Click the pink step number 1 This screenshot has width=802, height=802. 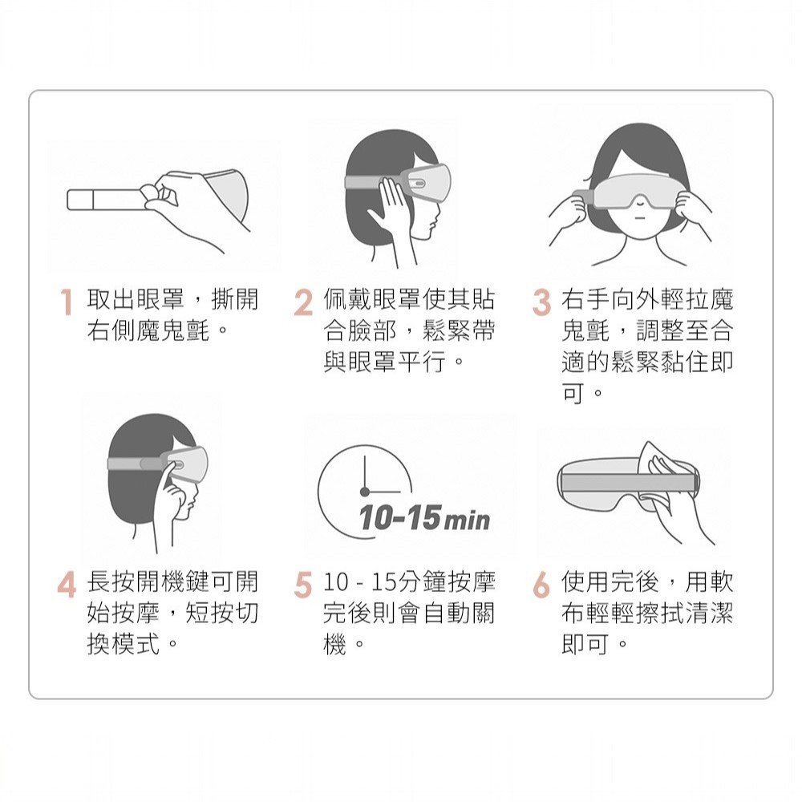pos(67,302)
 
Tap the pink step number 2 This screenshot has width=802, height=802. pos(303,302)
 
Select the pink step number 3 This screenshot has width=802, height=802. pos(541,302)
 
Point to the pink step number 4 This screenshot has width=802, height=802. pos(67,585)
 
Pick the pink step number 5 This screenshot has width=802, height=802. pos(303,585)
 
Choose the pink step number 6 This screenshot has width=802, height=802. pos(541,585)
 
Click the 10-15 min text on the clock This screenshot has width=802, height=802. pos(424,517)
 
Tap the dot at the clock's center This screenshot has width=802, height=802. pos(364,492)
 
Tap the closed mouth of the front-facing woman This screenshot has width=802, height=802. pos(640,219)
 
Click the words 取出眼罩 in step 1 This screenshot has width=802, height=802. pos(136,299)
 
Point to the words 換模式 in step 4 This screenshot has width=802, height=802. pos(124,643)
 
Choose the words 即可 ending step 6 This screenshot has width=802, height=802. pos(585,643)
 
